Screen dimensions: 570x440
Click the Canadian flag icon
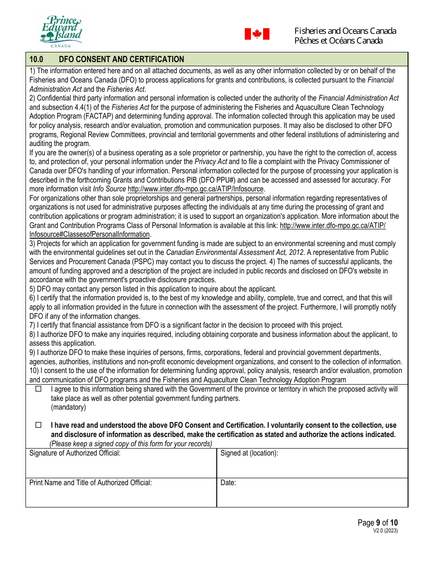tap(257, 34)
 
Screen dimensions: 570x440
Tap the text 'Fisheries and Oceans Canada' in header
tap(345, 31)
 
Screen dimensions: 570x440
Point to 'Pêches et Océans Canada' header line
tap(338, 41)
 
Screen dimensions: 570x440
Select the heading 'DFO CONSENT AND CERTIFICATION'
tap(121, 59)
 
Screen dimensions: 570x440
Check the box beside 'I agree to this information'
tap(38, 389)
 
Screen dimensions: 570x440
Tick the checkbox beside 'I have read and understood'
tap(38, 425)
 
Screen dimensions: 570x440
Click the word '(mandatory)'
tap(69, 407)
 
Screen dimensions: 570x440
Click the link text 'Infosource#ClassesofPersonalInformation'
tap(89, 234)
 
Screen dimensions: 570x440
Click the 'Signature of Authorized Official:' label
tap(75, 453)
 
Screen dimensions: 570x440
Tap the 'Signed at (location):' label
tap(249, 453)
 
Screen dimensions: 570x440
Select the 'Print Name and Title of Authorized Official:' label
tap(90, 483)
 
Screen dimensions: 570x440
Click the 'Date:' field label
tap(228, 483)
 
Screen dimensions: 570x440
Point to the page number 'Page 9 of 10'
tap(377, 523)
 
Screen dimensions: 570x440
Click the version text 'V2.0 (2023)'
tap(385, 531)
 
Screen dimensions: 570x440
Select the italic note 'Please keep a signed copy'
tap(131, 444)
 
